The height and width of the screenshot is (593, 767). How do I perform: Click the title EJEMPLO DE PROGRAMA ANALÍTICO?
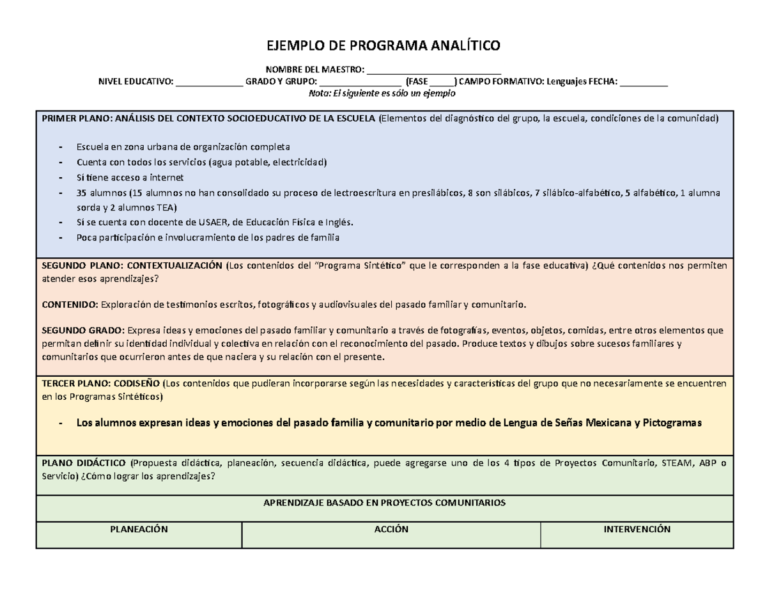point(383,46)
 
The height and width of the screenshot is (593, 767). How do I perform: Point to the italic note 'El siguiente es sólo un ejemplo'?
point(392,93)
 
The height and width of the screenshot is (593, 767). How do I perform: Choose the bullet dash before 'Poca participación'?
point(59,237)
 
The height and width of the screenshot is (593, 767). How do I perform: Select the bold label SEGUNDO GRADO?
point(83,330)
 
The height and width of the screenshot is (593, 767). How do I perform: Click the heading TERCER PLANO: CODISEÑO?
point(101,383)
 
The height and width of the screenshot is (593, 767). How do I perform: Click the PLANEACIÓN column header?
point(139,529)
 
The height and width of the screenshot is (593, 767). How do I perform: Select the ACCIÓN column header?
point(391,529)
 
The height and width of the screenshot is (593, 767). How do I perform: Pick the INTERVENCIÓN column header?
point(637,529)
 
